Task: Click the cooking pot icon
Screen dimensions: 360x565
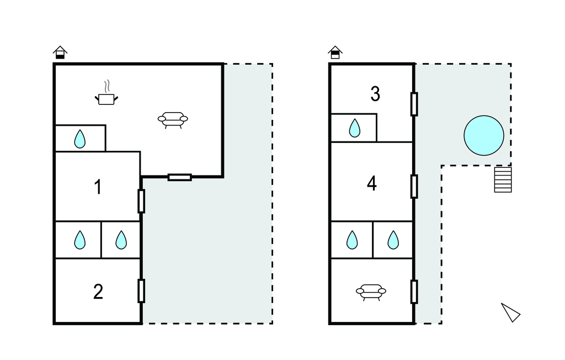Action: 107,97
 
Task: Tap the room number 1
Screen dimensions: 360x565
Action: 98,187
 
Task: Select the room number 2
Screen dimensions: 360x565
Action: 98,292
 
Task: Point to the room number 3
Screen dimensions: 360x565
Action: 375,94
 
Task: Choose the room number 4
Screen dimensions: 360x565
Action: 372,183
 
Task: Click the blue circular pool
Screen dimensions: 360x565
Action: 484,136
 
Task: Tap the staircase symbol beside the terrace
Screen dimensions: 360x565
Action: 503,179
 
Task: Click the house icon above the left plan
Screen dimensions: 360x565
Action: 60,52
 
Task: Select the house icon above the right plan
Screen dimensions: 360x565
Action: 335,52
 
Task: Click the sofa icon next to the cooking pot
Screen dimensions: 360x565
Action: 173,119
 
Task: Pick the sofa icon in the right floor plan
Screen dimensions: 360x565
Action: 371,292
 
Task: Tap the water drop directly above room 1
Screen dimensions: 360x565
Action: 80,139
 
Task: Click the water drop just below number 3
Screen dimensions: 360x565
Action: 354,129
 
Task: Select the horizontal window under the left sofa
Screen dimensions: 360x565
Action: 180,177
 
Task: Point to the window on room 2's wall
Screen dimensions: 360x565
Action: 141,291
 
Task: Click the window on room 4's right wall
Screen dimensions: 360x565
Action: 414,186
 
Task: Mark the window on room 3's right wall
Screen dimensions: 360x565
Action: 414,104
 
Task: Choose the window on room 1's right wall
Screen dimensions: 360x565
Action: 141,201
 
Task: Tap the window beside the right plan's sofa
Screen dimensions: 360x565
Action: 414,292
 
